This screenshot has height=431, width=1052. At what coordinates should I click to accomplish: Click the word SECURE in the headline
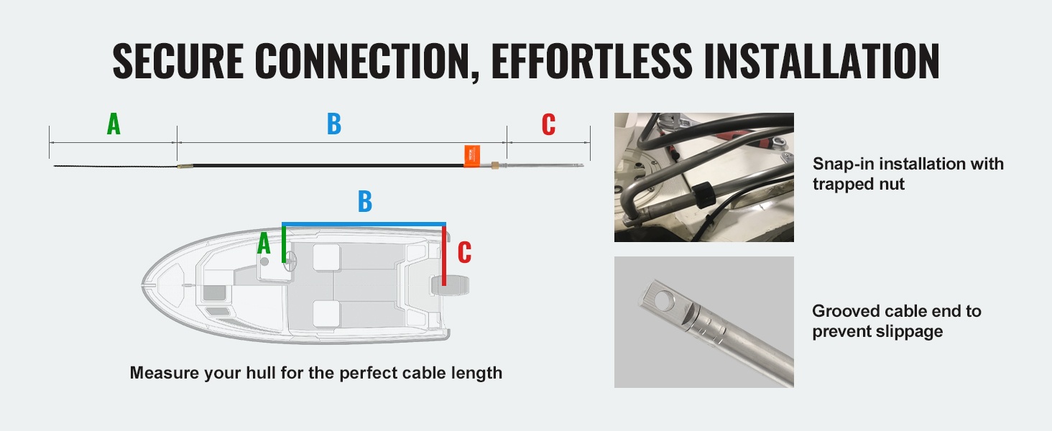178,60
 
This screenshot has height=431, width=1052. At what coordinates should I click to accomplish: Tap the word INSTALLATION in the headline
822,60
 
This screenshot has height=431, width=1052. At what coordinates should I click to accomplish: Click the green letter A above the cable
114,124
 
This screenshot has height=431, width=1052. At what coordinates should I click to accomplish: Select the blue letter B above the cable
334,124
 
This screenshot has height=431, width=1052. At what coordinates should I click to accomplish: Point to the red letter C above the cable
548,124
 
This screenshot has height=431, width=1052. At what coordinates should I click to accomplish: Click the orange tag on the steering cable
472,156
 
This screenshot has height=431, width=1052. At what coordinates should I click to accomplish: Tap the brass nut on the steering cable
495,165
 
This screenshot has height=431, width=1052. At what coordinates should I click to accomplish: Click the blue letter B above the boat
365,201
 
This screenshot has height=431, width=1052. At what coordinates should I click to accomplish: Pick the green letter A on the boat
264,244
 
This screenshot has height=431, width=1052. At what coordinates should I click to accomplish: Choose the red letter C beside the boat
464,252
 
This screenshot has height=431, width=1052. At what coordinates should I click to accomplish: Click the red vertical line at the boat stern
444,256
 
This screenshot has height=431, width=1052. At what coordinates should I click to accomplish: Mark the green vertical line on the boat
284,245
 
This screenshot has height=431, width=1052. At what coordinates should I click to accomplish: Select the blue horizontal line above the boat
364,224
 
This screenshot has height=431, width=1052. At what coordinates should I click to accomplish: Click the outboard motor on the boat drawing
450,286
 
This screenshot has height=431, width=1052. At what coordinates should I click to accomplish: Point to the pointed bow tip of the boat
143,284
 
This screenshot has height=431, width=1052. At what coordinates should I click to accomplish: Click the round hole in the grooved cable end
664,299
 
